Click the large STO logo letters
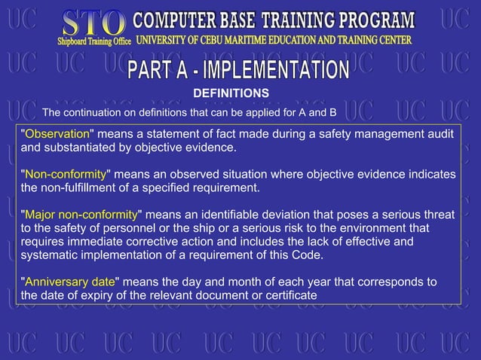(x=93, y=22)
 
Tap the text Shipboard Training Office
(x=95, y=41)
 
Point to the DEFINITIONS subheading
(x=231, y=93)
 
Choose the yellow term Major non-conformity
(x=81, y=214)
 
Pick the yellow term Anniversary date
(x=70, y=282)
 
